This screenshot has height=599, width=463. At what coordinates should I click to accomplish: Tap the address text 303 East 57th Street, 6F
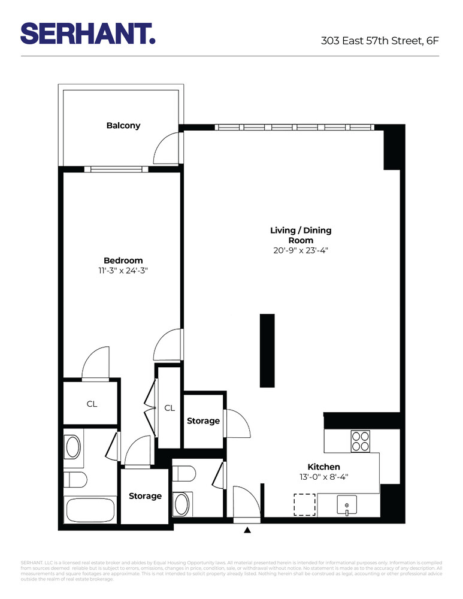click(380, 41)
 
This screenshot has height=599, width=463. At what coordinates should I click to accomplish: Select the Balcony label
click(123, 126)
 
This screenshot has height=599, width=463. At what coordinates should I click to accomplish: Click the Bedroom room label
click(123, 260)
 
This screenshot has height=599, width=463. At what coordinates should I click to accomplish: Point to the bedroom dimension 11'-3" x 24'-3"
click(123, 270)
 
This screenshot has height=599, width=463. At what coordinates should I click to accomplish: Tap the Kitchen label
click(324, 467)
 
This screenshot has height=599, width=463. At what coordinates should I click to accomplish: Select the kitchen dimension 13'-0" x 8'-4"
click(324, 477)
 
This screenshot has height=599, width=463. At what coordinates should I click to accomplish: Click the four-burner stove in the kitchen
click(361, 441)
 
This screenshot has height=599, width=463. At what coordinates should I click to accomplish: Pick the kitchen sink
click(347, 506)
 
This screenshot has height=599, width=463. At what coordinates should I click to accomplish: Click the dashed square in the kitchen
click(304, 504)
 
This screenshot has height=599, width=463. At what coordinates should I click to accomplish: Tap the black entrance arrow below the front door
click(247, 530)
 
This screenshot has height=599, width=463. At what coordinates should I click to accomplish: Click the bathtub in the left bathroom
click(90, 510)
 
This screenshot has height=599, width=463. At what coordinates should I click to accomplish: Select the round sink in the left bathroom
click(73, 446)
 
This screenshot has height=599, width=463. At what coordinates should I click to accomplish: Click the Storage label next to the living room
click(203, 421)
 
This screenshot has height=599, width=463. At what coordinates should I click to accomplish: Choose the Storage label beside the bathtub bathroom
click(145, 496)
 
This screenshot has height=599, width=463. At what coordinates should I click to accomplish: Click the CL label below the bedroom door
click(92, 404)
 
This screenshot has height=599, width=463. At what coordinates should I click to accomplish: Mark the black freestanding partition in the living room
click(267, 350)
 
